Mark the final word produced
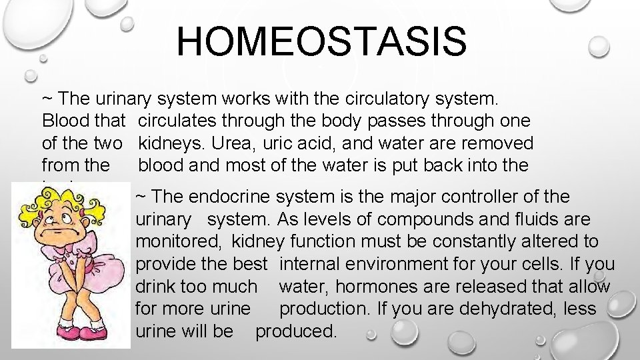click(297, 331)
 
